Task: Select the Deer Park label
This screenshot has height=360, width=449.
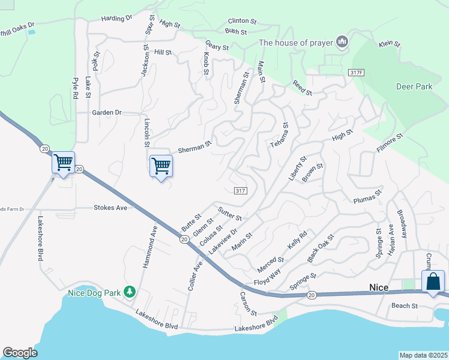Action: (414, 86)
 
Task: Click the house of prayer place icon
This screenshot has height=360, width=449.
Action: (343, 42)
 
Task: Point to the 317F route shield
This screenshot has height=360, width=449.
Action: (356, 73)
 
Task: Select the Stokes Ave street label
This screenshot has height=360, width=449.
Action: (111, 208)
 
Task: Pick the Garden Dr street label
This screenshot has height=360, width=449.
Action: (107, 112)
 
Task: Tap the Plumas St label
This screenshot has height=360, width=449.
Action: (367, 197)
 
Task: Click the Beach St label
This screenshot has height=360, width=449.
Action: (404, 306)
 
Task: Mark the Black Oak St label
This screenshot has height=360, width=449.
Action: (320, 248)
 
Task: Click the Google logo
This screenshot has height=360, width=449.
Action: (20, 352)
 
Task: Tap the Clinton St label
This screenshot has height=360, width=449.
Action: (242, 21)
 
